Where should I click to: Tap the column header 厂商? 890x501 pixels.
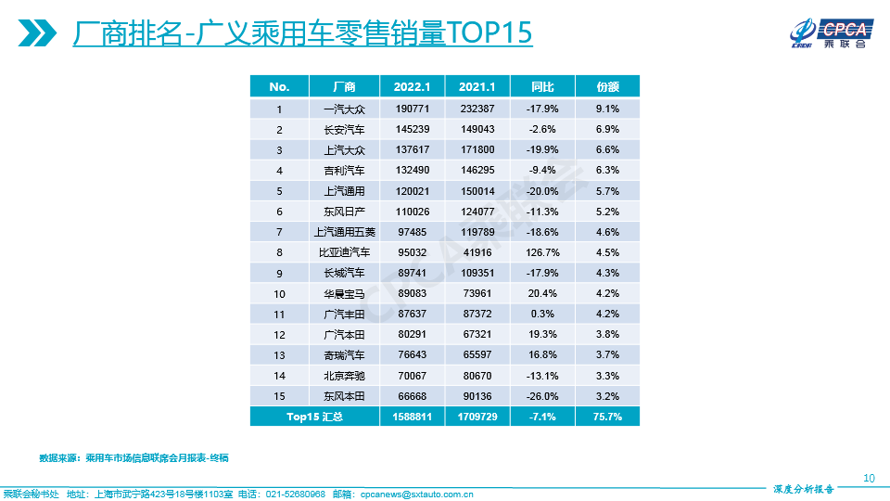pos(344,87)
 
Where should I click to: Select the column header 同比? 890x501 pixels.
pos(542,87)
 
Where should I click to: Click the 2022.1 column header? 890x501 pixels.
pos(412,87)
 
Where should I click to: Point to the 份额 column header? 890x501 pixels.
pos(607,87)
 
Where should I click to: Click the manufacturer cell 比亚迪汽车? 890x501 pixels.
pos(344,252)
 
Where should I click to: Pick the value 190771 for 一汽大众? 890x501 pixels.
pos(412,109)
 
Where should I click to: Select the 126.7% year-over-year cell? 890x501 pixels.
pos(542,252)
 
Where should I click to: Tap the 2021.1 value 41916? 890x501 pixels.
pos(477,252)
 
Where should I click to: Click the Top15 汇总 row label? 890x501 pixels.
pos(313,417)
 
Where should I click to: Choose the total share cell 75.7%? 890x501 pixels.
pos(607,417)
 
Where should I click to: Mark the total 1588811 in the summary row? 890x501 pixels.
pos(412,417)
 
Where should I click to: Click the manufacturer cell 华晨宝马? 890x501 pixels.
pos(344,294)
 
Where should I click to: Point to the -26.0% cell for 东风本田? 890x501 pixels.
pos(542,397)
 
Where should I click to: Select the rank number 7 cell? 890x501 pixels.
pos(279,232)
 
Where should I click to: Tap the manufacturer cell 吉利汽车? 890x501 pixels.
pos(344,170)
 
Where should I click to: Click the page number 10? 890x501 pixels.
pos(869,479)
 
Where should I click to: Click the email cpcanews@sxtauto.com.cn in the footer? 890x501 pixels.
pos(416,495)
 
